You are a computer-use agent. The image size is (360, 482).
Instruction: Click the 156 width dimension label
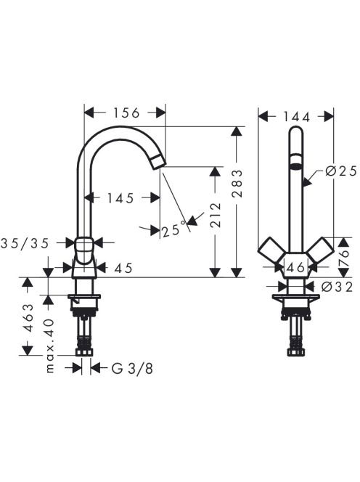pos(126,113)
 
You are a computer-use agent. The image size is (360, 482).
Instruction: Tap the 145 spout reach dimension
pos(120,198)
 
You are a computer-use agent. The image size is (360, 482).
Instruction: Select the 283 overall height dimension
pos(237,183)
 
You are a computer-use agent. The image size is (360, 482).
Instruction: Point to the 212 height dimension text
pos(216,214)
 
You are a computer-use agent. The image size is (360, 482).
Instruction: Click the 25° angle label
pos(174,229)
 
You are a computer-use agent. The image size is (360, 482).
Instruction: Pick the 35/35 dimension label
pos(25,243)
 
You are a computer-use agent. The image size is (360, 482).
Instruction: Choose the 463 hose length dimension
pos(28,317)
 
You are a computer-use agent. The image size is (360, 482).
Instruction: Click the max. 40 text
pos(49,346)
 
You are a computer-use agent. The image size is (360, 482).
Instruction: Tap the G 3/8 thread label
pos(132,368)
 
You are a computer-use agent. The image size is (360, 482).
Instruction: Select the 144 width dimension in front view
pos(296,117)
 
